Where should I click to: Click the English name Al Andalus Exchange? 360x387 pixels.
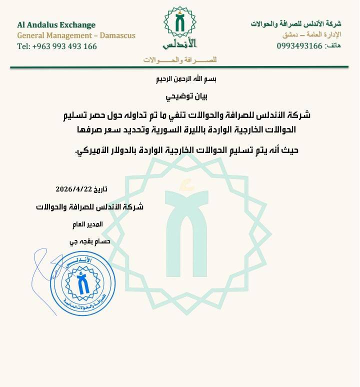pyautogui.click(x=56, y=24)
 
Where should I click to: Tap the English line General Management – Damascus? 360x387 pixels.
pyautogui.click(x=76, y=35)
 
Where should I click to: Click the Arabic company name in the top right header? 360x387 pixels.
pyautogui.click(x=296, y=24)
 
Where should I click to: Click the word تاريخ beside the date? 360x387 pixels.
pyautogui.click(x=98, y=189)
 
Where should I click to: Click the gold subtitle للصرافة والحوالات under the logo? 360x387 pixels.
pyautogui.click(x=180, y=60)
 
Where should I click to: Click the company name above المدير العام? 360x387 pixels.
pyautogui.click(x=90, y=207)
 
